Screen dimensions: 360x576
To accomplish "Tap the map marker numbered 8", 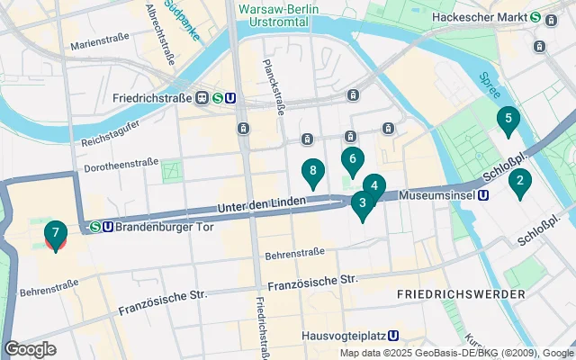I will click(x=313, y=171).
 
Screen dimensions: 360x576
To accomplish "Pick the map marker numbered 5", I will click(x=374, y=188).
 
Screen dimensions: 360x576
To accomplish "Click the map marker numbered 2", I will click(x=508, y=120).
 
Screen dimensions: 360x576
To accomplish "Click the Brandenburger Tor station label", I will click(x=162, y=227).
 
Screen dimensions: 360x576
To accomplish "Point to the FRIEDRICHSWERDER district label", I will click(x=461, y=294).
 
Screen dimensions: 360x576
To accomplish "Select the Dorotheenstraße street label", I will click(x=121, y=165).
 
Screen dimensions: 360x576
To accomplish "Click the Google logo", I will click(x=30, y=349).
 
